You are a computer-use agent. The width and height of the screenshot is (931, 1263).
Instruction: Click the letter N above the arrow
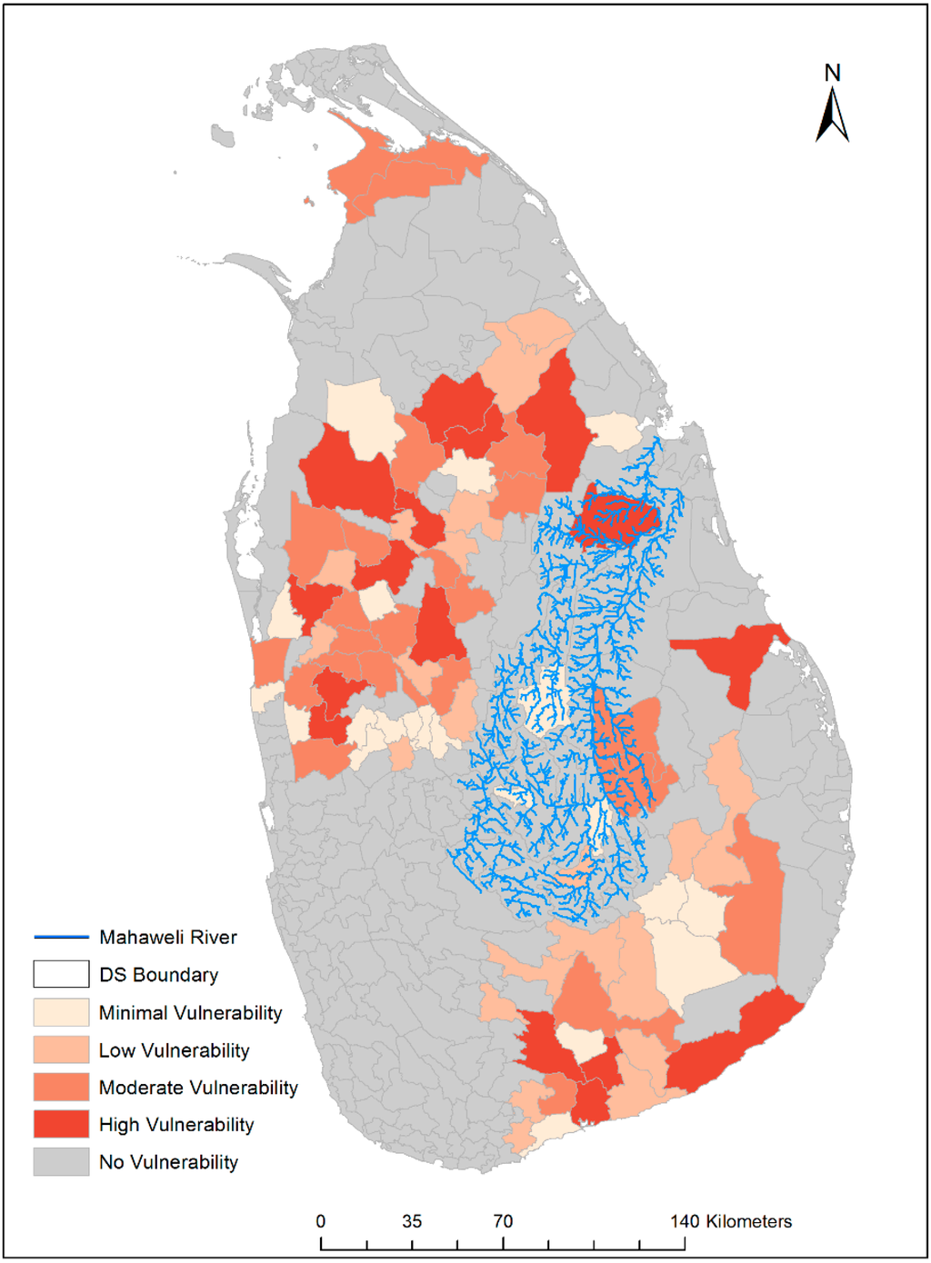tap(832, 73)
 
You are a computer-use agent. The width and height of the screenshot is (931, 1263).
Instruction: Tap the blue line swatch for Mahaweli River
tap(61, 937)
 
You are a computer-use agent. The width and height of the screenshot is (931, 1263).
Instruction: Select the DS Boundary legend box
tap(61, 974)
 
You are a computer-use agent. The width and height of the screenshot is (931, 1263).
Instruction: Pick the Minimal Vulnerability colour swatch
tap(61, 1012)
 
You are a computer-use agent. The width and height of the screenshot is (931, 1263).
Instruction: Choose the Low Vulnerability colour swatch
tap(61, 1049)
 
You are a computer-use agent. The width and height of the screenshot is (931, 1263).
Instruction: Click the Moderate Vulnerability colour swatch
tap(61, 1087)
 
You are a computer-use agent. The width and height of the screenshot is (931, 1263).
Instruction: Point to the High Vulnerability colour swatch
tap(61, 1124)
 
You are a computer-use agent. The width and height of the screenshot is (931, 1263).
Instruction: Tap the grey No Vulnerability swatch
tap(61, 1161)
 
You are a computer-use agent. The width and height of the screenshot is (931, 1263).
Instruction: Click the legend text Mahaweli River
tap(168, 937)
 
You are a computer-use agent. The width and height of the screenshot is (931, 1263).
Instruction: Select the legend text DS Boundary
tap(159, 975)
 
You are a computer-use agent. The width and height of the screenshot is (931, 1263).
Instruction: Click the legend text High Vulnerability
tap(176, 1125)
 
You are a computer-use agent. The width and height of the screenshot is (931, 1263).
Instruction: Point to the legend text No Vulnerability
tap(169, 1162)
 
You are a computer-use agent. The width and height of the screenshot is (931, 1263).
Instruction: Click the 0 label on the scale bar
tap(321, 1221)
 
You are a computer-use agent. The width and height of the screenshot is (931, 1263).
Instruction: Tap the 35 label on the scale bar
tap(412, 1221)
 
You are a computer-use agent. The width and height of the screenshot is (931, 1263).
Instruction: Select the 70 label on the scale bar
tap(503, 1221)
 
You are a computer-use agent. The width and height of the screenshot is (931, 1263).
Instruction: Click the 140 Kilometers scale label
tap(731, 1221)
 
